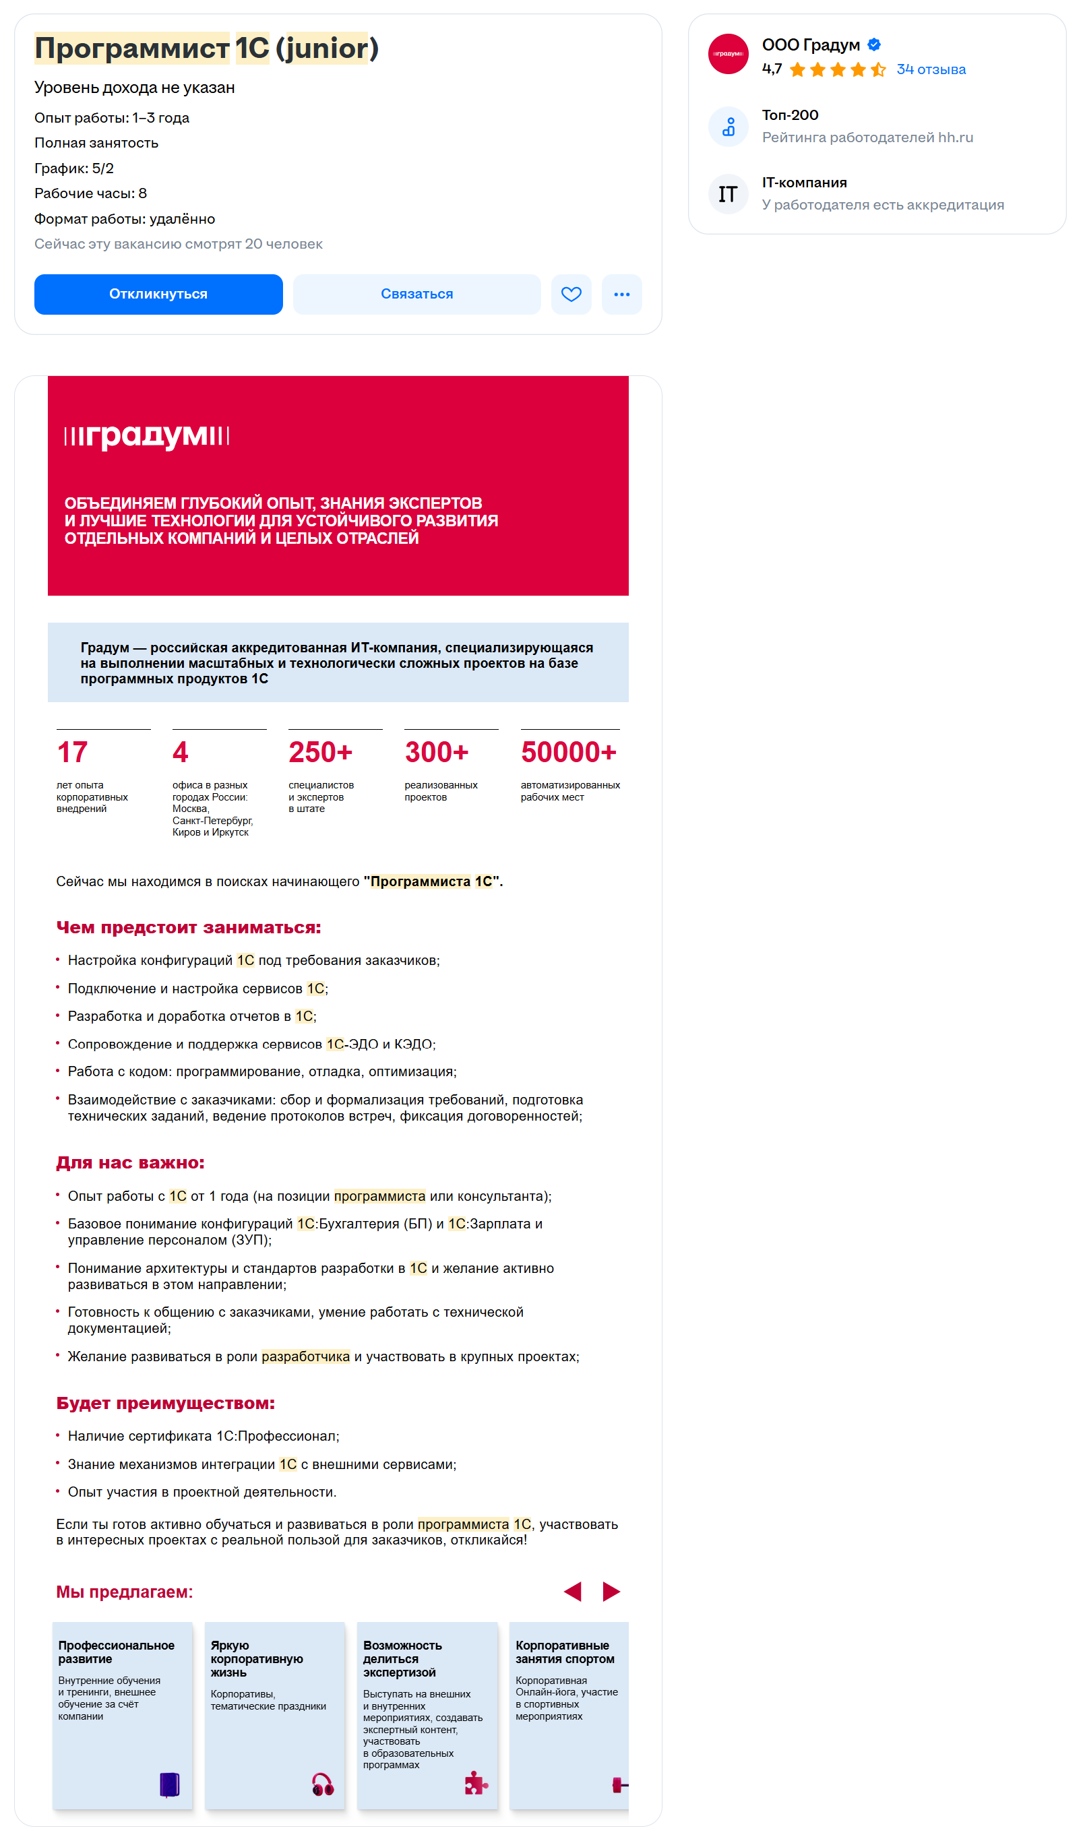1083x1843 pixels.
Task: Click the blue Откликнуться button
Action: pyautogui.click(x=158, y=294)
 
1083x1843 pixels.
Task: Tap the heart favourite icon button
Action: pyautogui.click(x=570, y=294)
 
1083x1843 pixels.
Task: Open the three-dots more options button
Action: pyautogui.click(x=621, y=294)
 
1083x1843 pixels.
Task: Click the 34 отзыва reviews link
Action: pyautogui.click(x=930, y=69)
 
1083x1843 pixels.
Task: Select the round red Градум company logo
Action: pyautogui.click(x=728, y=54)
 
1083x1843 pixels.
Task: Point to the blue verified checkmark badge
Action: pyautogui.click(x=873, y=44)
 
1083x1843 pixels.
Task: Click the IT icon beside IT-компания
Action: pyautogui.click(x=728, y=194)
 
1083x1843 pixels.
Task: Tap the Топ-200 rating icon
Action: pyautogui.click(x=728, y=127)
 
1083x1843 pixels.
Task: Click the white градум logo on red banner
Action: pyautogui.click(x=146, y=435)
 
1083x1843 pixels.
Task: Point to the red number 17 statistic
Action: pyautogui.click(x=72, y=752)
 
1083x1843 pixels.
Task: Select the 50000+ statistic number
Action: pyautogui.click(x=568, y=752)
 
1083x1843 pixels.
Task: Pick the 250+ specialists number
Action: pyautogui.click(x=320, y=752)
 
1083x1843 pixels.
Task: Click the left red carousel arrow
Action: pyautogui.click(x=573, y=1591)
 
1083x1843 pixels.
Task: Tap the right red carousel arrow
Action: pyautogui.click(x=611, y=1591)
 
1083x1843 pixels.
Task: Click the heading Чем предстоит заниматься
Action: pyautogui.click(x=189, y=927)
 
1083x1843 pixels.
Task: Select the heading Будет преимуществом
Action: pyautogui.click(x=165, y=1403)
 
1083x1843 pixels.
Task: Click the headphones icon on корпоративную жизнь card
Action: pyautogui.click(x=323, y=1784)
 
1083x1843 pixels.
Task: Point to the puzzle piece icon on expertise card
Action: pyautogui.click(x=475, y=1784)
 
